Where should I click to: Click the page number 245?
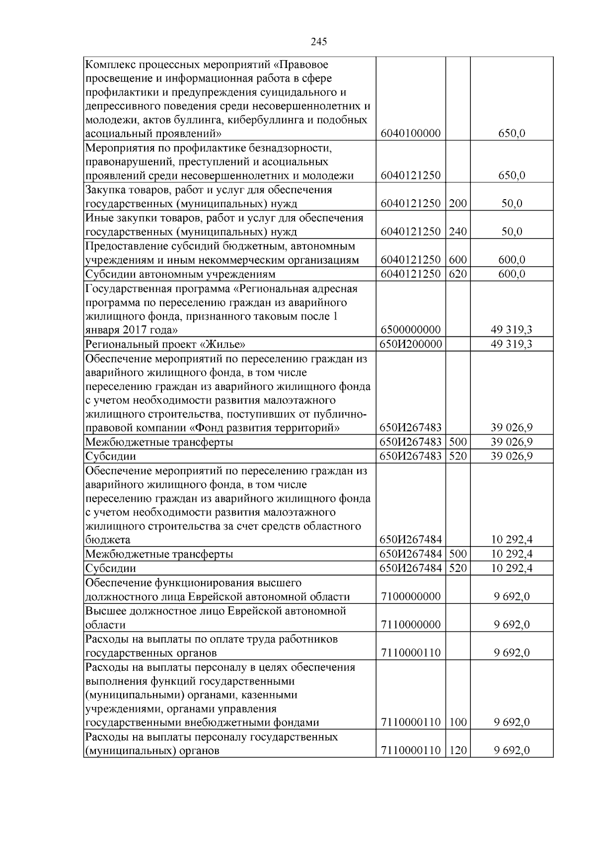pos(319,42)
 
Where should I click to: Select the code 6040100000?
pos(411,134)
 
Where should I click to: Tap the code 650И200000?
pos(411,344)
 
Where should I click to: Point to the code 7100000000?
pos(411,597)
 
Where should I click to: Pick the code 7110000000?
pos(411,625)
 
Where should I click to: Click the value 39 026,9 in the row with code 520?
pos(512,456)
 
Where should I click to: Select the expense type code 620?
pos(457,274)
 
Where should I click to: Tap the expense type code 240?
pos(457,232)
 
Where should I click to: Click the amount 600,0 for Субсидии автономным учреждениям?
pos(512,274)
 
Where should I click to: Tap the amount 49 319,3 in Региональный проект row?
pos(512,344)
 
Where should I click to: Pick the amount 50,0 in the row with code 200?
pos(512,204)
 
